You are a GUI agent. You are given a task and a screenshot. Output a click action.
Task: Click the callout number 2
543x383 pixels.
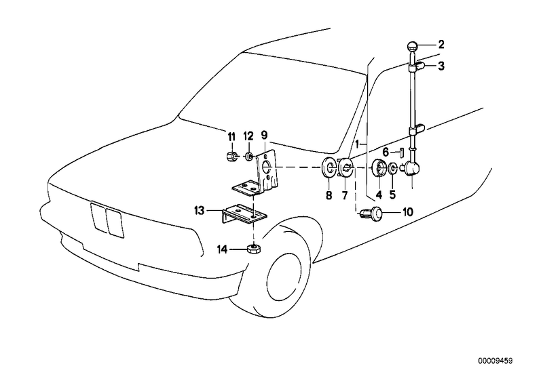pos(441,45)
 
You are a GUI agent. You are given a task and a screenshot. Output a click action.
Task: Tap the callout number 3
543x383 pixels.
pos(441,66)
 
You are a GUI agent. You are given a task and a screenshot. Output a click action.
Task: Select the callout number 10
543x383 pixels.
pos(407,212)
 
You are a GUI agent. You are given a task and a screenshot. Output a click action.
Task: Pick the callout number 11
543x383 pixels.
pos(230,136)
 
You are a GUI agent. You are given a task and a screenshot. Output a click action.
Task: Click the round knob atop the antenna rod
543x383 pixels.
pos(413,46)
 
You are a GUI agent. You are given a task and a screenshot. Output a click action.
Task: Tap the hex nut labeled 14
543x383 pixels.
pos(252,249)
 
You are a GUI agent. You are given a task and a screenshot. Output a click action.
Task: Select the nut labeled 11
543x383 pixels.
pos(230,157)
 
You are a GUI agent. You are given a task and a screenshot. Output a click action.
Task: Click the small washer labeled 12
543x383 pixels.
pos(249,157)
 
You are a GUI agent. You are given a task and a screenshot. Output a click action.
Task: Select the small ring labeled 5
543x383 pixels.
pos(394,168)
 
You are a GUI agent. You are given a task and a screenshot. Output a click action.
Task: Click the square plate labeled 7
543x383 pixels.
pos(344,168)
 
